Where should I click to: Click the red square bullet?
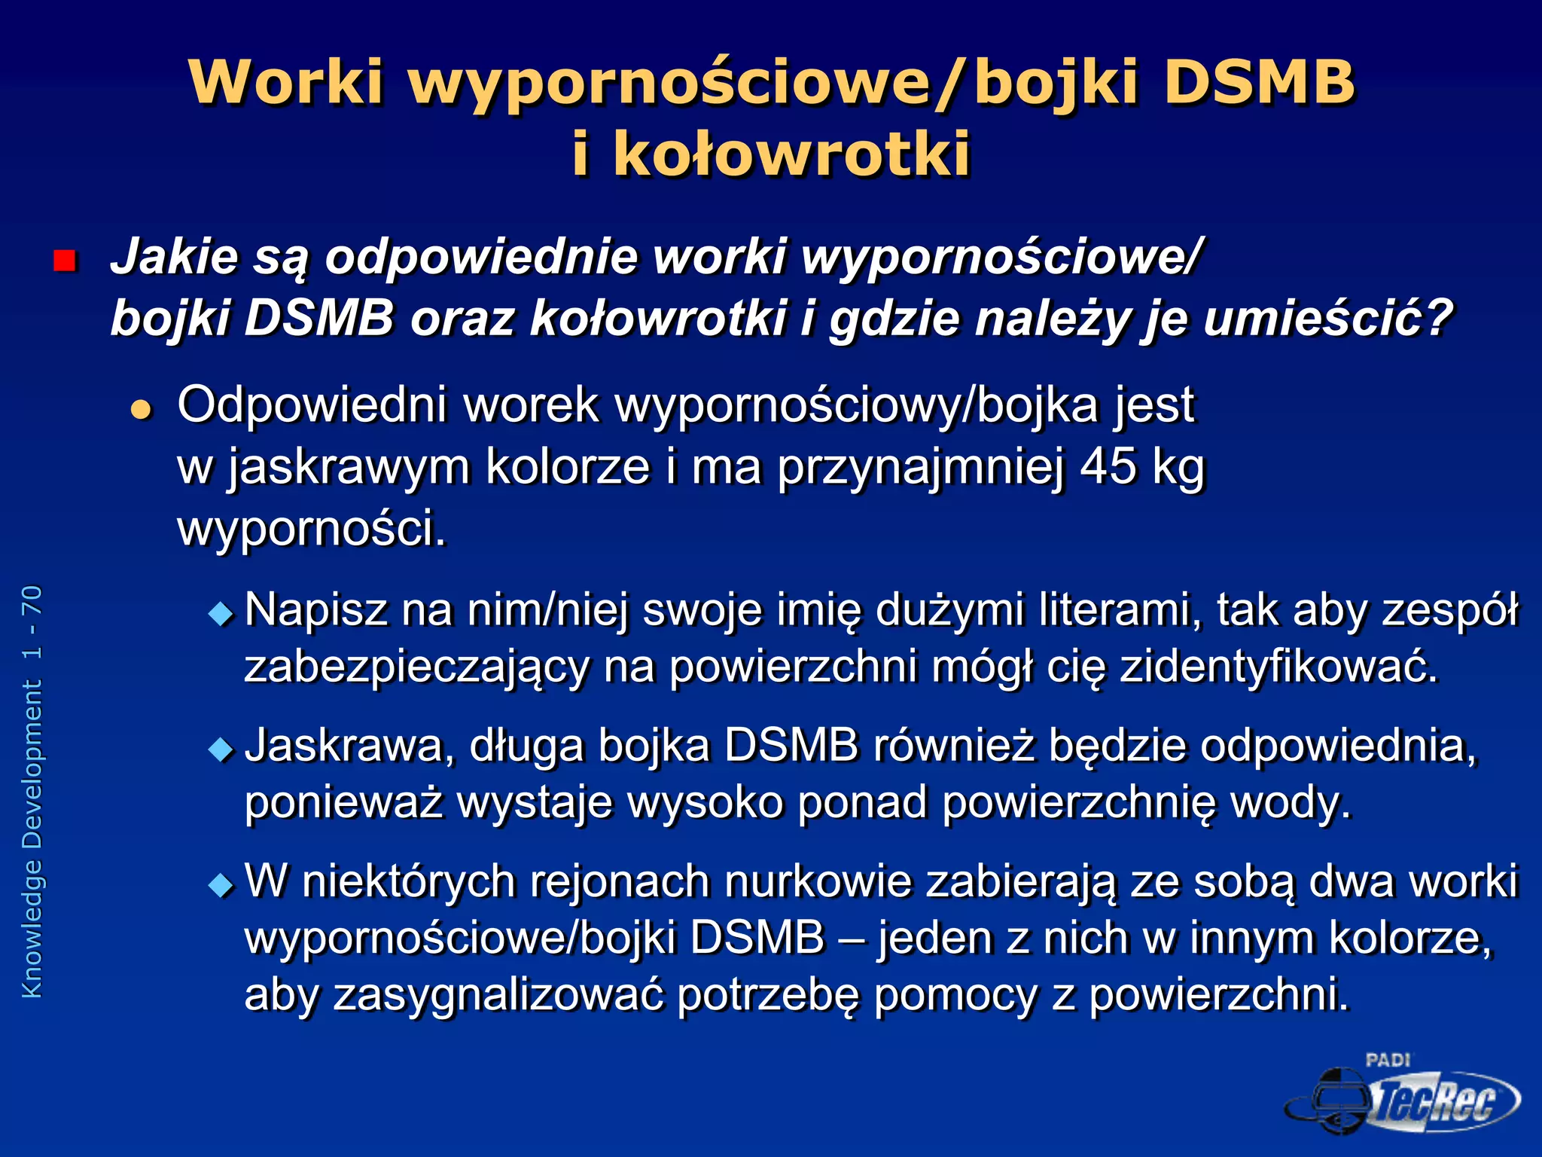click(65, 261)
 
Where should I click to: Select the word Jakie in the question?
click(174, 257)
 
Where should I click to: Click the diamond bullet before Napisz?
click(221, 614)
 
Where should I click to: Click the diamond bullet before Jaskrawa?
click(221, 749)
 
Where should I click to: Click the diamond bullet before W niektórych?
click(221, 885)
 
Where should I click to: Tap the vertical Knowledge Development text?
click(32, 791)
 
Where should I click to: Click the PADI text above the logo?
click(1388, 1060)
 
